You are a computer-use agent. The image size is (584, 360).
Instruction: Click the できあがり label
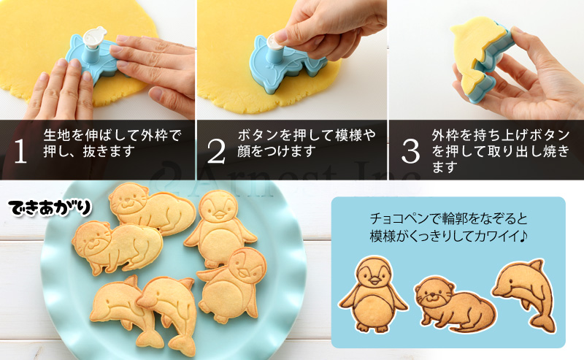pyautogui.click(x=51, y=208)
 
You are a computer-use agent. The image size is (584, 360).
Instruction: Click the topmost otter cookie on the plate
pyautogui.click(x=152, y=210)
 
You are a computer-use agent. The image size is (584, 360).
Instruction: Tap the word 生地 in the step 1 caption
pyautogui.click(x=56, y=136)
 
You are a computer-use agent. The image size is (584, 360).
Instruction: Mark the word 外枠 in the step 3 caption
pyautogui.click(x=445, y=136)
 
